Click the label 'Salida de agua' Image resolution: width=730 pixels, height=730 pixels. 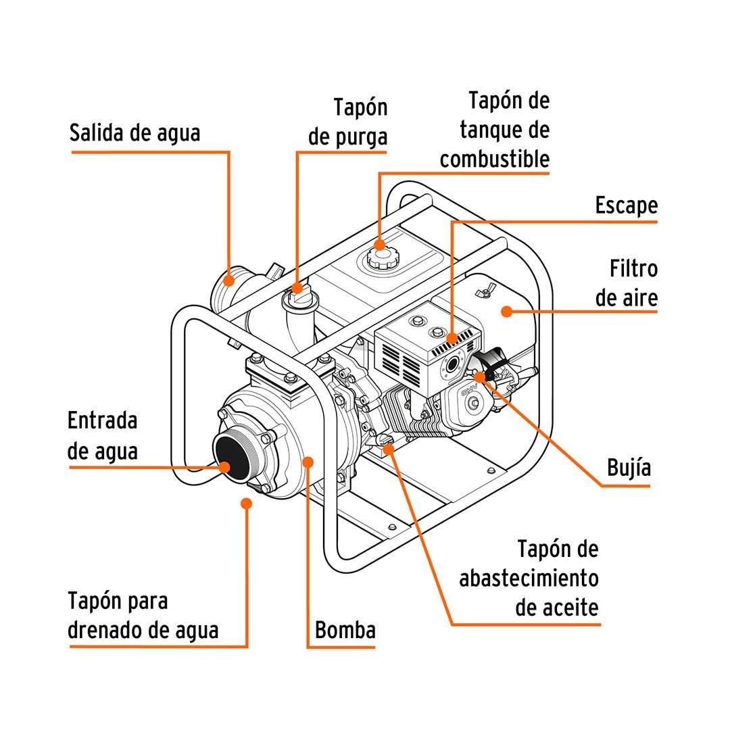click(135, 132)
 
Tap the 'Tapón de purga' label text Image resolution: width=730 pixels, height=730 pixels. click(348, 122)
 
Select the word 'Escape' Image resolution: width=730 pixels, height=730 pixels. click(626, 205)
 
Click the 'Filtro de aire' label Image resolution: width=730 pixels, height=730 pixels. click(627, 283)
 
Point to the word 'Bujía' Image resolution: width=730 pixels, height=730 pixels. click(629, 468)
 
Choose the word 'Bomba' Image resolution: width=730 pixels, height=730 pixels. click(345, 630)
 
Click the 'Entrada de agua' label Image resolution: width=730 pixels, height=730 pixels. click(103, 435)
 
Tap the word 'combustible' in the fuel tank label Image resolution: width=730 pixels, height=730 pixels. click(494, 160)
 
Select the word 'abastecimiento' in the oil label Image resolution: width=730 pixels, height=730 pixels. click(529, 579)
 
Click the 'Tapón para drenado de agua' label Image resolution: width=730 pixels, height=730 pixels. click(143, 615)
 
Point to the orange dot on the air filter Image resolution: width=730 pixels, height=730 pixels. click(506, 311)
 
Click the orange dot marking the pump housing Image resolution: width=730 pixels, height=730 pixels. click(308, 461)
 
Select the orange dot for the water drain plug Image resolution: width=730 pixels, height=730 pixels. click(247, 503)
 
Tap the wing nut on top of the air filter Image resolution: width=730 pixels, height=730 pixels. click(483, 292)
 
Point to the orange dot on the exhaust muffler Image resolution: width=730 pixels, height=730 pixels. click(452, 337)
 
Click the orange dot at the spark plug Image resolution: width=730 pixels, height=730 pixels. click(481, 377)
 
